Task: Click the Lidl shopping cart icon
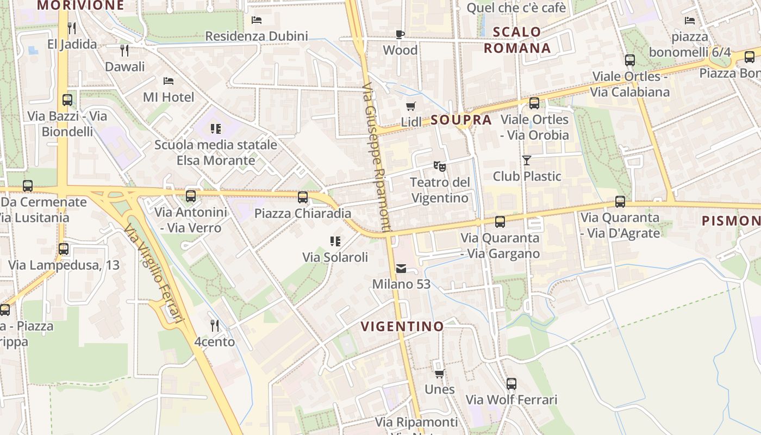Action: click(411, 106)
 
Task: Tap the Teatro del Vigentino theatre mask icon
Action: click(439, 165)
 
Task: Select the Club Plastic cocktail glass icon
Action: click(526, 160)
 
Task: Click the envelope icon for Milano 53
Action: click(401, 268)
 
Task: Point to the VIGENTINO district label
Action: click(402, 326)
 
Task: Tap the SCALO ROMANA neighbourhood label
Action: click(517, 40)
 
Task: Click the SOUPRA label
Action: click(461, 120)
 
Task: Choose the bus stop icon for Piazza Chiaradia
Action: click(303, 197)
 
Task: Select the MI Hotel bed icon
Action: click(169, 81)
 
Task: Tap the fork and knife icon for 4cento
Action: click(215, 325)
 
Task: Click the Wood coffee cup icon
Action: click(400, 34)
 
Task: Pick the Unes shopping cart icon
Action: click(439, 373)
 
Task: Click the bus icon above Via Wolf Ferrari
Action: click(512, 383)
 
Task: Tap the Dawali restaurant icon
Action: click(124, 51)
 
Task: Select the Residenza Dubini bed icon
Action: click(257, 20)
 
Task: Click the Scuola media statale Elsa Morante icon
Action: click(216, 128)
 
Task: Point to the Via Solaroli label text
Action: click(335, 257)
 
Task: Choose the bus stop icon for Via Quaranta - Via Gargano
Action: click(500, 221)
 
